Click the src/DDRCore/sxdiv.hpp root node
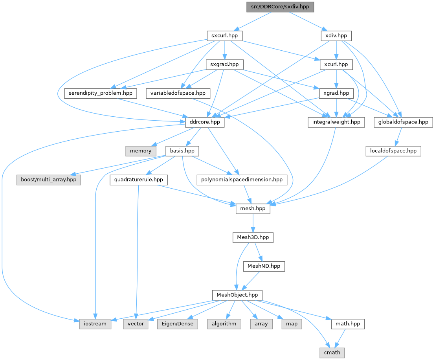[x=280, y=7]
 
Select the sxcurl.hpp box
[x=224, y=36]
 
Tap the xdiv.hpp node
[x=336, y=36]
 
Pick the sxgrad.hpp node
[x=224, y=64]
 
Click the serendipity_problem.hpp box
[x=100, y=93]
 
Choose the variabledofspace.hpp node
[x=178, y=93]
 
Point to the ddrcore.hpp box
[x=205, y=122]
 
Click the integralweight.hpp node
[x=336, y=122]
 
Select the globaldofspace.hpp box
[x=403, y=122]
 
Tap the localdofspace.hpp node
[x=393, y=151]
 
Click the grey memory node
[x=141, y=151]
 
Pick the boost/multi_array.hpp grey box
[x=49, y=180]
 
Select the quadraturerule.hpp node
[x=139, y=180]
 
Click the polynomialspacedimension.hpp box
[x=242, y=180]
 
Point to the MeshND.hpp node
[x=264, y=266]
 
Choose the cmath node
[x=332, y=353]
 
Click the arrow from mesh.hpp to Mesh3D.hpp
[x=253, y=223]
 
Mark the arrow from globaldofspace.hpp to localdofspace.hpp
[x=398, y=137]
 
